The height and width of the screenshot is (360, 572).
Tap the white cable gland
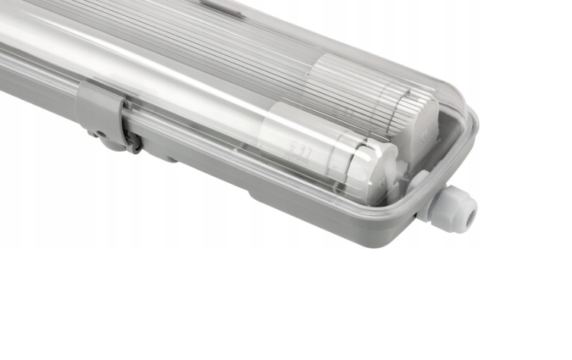point(453,207)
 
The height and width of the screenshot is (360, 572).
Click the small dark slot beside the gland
point(416,217)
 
